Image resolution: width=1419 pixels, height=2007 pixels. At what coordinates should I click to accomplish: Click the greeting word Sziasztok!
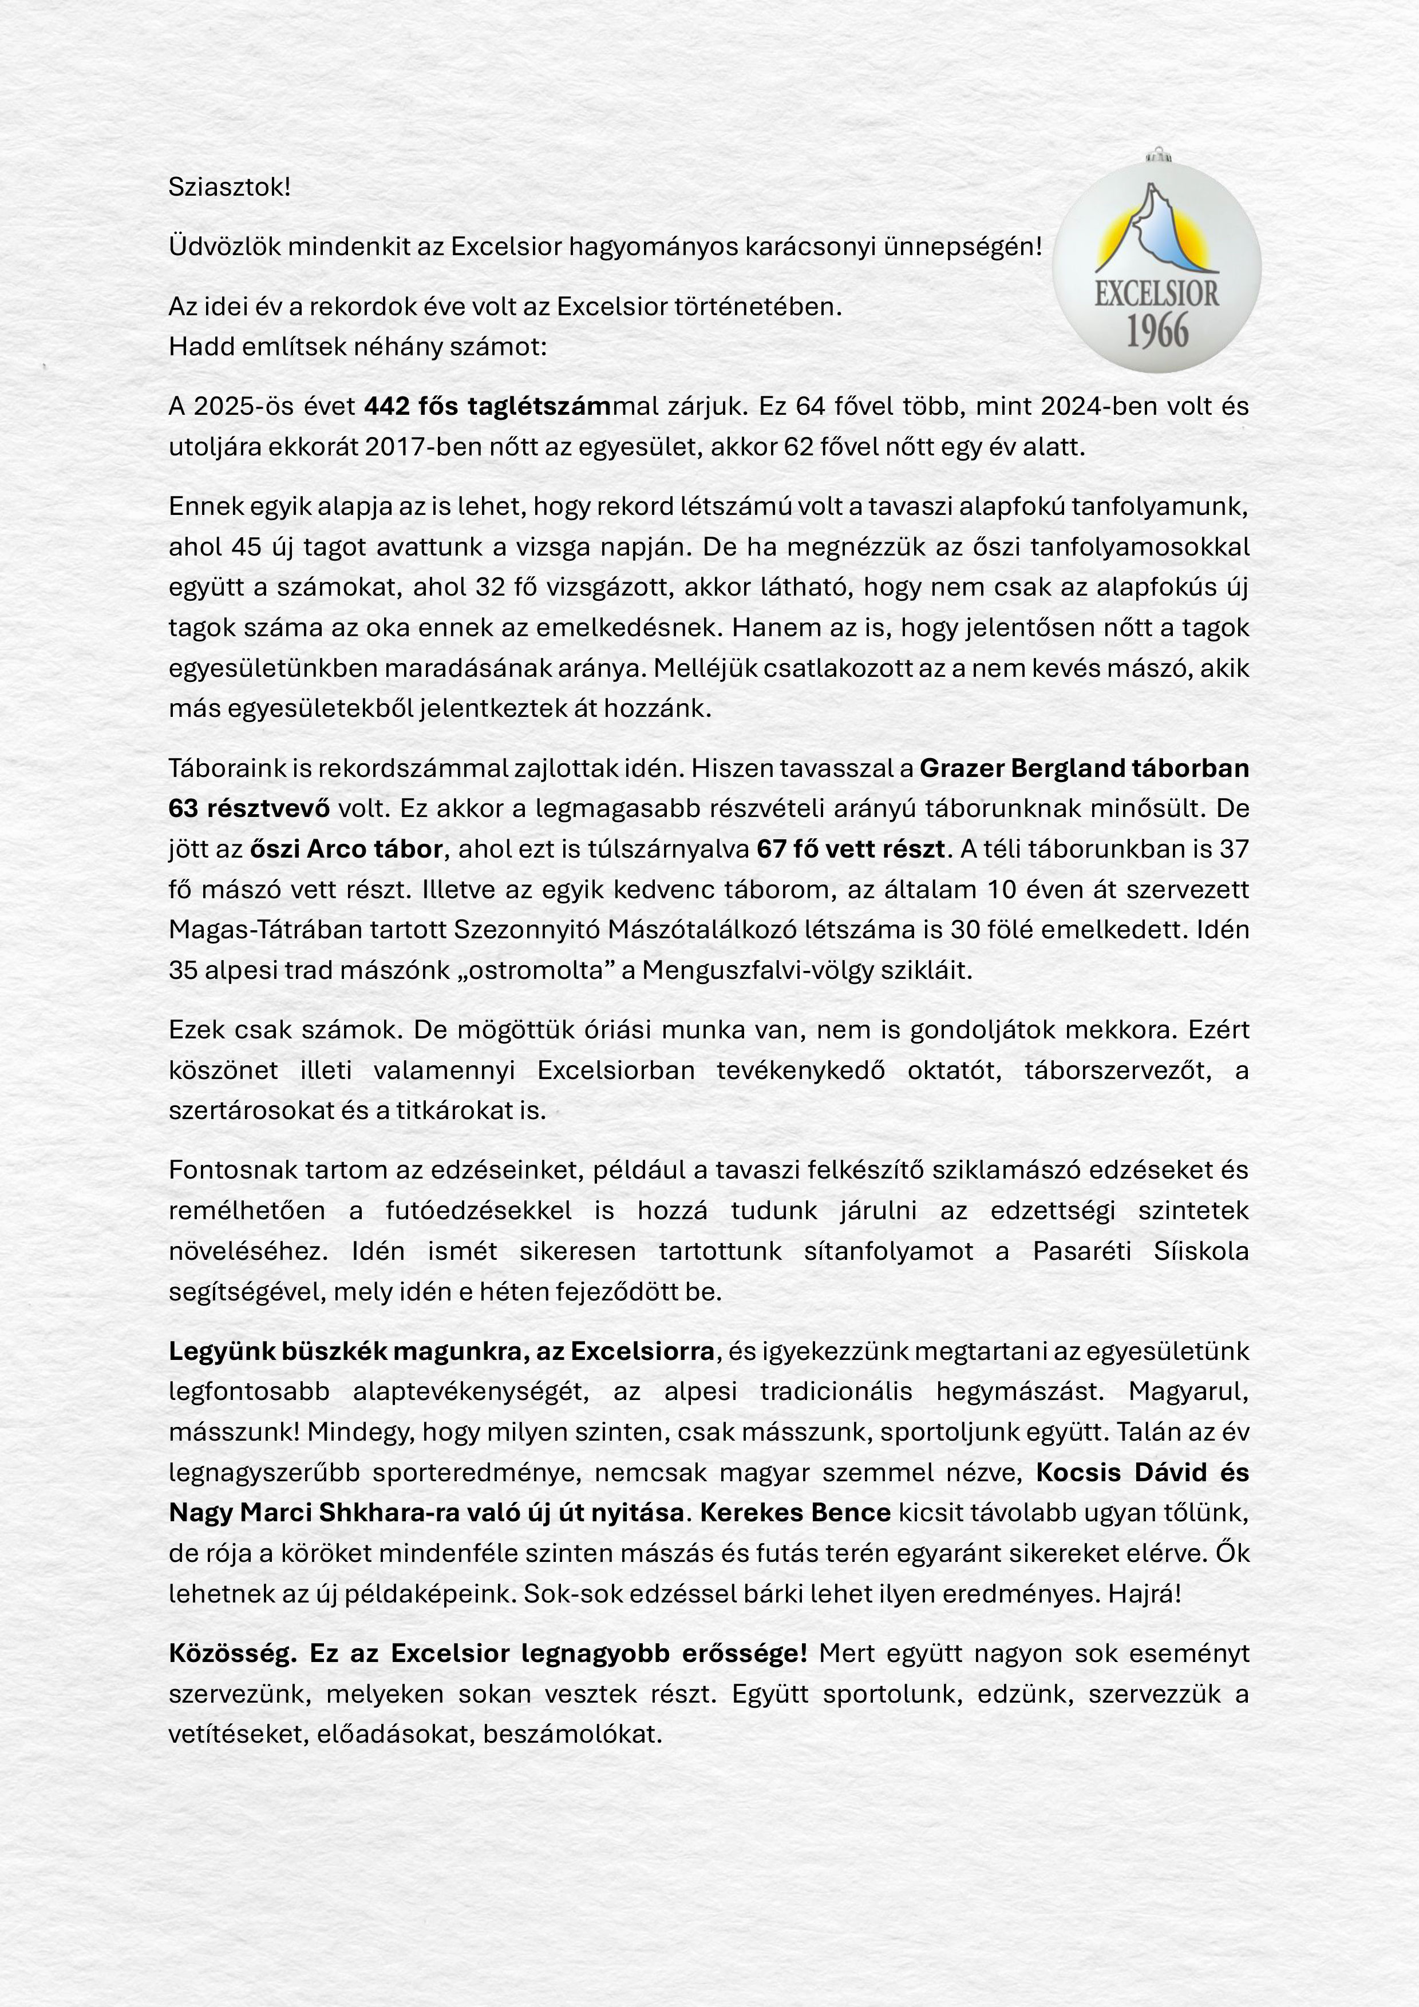(229, 187)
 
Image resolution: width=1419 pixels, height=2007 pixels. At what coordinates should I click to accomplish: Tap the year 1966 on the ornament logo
(1157, 331)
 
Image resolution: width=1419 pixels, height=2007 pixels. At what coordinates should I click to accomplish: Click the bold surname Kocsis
(1079, 1473)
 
